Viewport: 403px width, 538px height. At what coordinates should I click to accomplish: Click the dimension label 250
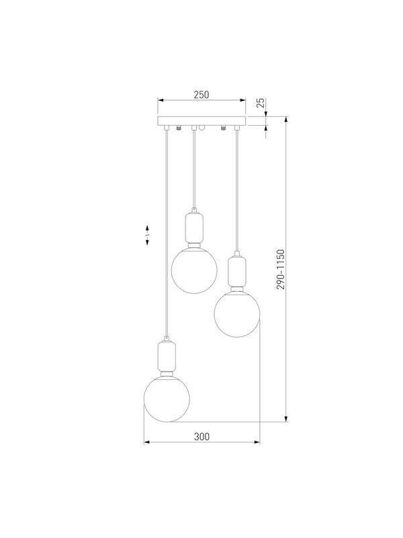coord(201,95)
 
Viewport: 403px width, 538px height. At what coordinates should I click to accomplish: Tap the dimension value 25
coord(261,103)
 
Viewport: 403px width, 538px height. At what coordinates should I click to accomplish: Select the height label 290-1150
coord(281,270)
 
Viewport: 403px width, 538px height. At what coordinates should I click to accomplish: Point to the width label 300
coord(201,436)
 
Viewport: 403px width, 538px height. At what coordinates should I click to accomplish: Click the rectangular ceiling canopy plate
coord(201,121)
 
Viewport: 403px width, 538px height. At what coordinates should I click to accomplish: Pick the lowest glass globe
coord(167,399)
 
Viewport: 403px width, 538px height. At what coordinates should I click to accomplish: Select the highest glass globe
coord(194,270)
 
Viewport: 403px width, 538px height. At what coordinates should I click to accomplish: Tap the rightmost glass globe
coord(237,313)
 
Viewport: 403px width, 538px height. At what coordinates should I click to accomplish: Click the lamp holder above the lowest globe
coord(167,356)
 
